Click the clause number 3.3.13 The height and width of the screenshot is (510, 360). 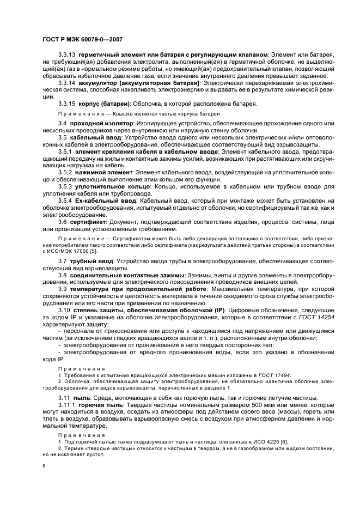67,55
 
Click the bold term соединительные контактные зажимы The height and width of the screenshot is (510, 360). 124,276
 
